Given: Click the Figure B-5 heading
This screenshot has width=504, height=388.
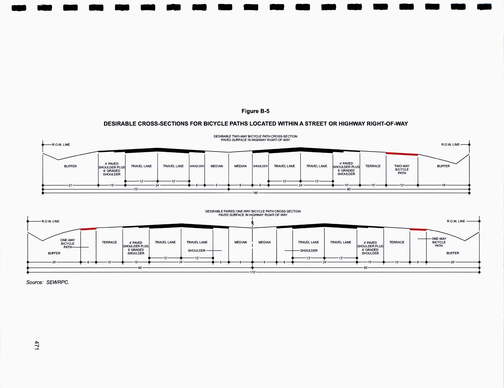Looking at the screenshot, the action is (x=255, y=111).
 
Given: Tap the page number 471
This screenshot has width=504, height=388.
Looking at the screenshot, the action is (x=37, y=345).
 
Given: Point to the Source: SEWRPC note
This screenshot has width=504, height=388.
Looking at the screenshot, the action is (x=48, y=282).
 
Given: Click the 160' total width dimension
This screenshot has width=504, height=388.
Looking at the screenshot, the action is (x=255, y=193).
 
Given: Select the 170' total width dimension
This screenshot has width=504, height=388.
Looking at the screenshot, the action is (x=253, y=272).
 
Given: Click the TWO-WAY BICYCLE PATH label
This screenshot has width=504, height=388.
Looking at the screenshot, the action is (x=402, y=170).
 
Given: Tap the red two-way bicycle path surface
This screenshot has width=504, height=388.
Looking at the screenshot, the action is (x=402, y=154).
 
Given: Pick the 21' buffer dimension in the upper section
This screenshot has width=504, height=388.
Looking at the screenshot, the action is (x=71, y=185).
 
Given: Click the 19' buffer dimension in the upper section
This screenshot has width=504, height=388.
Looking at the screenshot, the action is (x=444, y=185).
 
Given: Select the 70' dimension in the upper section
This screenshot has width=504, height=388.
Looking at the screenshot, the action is (x=136, y=189).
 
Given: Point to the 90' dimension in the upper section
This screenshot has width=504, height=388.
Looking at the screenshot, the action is (x=349, y=189).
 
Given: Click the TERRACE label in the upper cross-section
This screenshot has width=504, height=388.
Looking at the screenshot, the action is (x=373, y=166).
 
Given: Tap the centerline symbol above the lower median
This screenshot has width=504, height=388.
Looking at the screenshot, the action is (x=253, y=223).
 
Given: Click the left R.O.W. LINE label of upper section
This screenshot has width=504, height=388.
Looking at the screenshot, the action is (x=61, y=145).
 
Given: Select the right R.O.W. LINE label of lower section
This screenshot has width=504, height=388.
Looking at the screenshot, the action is (x=456, y=221).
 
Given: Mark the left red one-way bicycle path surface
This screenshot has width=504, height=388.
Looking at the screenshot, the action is (x=88, y=229).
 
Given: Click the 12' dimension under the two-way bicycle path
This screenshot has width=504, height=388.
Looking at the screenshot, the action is (x=402, y=185).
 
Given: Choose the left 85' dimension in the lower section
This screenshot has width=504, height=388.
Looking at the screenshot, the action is (x=140, y=268).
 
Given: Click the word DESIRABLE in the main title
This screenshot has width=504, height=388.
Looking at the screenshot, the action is (x=120, y=124).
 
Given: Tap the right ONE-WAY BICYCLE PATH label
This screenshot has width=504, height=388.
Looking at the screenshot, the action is (x=439, y=242).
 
